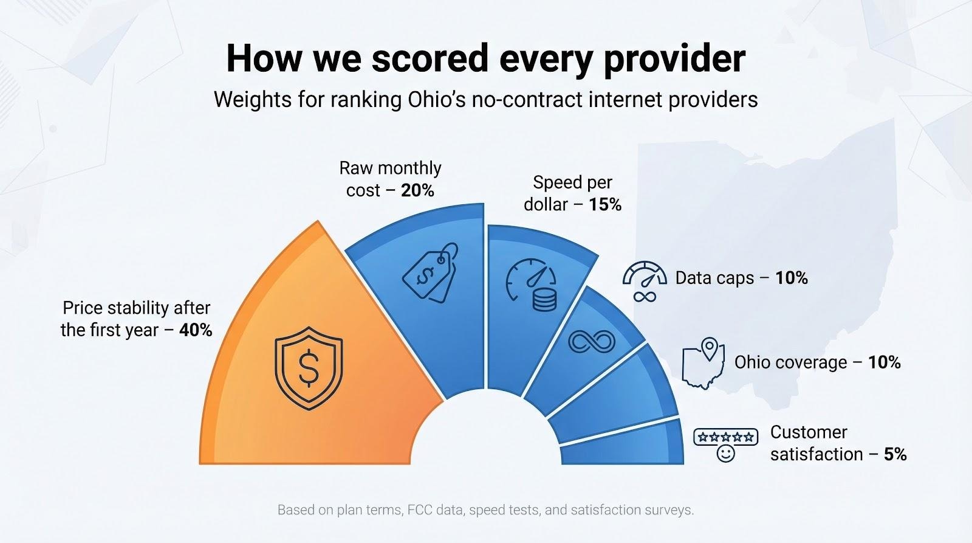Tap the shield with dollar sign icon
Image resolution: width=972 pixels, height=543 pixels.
309,367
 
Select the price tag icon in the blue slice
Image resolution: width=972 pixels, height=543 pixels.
430,272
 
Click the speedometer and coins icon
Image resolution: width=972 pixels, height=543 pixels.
532,285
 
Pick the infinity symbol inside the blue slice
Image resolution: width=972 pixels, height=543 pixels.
591,342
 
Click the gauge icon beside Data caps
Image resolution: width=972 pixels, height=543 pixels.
645,275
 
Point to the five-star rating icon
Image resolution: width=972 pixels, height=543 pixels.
725,437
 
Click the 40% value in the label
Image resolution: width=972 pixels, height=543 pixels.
196,330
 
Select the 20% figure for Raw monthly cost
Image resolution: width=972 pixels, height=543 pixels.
417,190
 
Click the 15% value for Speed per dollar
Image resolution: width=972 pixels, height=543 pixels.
605,204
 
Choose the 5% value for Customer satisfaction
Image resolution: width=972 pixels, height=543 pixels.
895,454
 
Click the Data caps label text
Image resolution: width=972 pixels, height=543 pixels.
714,278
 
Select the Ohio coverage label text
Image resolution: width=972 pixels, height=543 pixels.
790,362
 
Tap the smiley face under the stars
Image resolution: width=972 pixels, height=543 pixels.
725,454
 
